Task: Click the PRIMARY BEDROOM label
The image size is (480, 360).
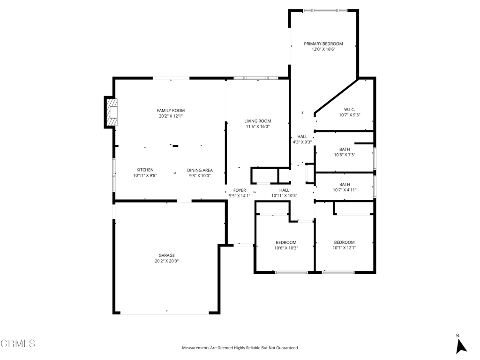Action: click(323, 44)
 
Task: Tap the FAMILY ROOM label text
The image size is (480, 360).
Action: click(171, 111)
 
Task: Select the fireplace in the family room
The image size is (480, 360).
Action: click(112, 112)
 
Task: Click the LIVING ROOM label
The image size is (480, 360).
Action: click(257, 121)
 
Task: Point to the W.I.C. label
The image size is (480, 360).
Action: click(350, 110)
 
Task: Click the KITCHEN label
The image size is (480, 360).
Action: click(145, 170)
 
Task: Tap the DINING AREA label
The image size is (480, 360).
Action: click(200, 170)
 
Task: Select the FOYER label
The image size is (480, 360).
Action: click(240, 190)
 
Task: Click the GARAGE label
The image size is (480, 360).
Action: click(166, 255)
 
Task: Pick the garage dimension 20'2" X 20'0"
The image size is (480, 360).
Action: click(166, 261)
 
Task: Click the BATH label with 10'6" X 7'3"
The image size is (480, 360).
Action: click(345, 150)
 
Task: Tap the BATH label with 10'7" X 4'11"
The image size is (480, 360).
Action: click(345, 184)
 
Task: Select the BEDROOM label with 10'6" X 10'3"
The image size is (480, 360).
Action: click(286, 242)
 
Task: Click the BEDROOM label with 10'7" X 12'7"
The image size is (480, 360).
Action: click(345, 242)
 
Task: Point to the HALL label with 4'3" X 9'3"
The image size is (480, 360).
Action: click(302, 136)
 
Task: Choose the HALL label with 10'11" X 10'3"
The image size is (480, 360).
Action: click(284, 190)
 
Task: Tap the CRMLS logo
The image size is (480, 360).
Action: click(18, 344)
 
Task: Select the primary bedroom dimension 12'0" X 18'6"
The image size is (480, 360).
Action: click(323, 49)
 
